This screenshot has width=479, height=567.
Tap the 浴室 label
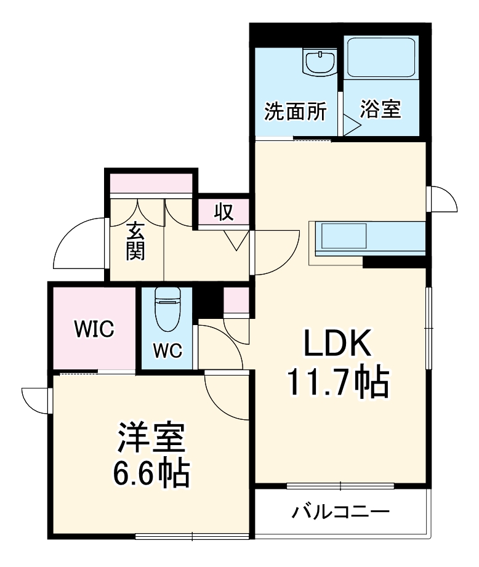coord(380,110)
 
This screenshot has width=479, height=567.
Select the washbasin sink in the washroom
coord(319,62)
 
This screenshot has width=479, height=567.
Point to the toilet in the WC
coord(166,310)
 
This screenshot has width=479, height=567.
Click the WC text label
coord(166,350)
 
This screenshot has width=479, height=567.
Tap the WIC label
coord(94,329)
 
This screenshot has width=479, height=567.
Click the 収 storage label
coord(223,212)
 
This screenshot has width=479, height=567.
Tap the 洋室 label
coord(150,440)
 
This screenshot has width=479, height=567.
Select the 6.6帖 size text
coord(150,473)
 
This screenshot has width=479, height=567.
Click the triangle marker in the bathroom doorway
coord(352,126)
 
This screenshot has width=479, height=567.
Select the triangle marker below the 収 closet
coord(235,239)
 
